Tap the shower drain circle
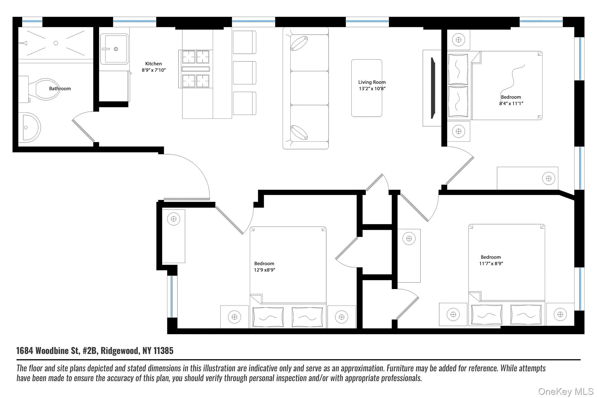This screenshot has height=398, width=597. (56, 43)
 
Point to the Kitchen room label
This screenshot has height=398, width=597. (153, 64)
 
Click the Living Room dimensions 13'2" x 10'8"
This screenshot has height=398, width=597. (372, 89)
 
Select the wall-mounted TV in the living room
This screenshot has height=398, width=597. (433, 88)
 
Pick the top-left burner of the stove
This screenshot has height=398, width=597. (188, 57)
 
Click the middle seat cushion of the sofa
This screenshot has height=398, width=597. (309, 88)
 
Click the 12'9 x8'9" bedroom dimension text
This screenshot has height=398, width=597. (264, 270)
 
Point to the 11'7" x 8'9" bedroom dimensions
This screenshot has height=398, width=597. (491, 264)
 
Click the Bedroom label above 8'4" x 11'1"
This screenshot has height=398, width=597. (511, 97)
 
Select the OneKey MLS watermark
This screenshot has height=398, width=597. (566, 391)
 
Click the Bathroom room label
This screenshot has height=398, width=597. (60, 89)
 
